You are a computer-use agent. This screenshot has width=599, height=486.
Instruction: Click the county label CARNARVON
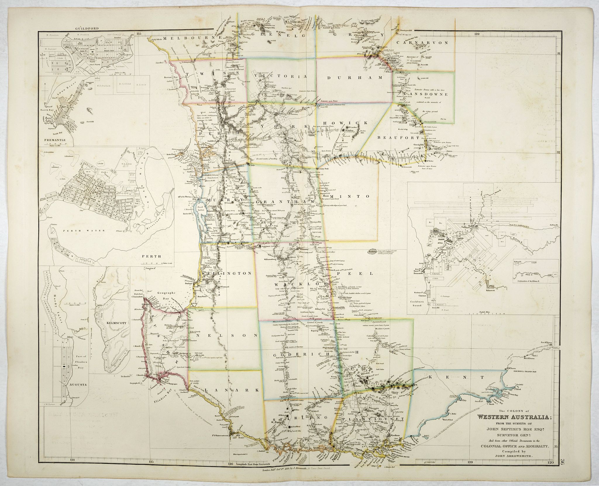(423, 42)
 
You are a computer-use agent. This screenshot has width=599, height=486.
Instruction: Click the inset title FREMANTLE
(55, 140)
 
